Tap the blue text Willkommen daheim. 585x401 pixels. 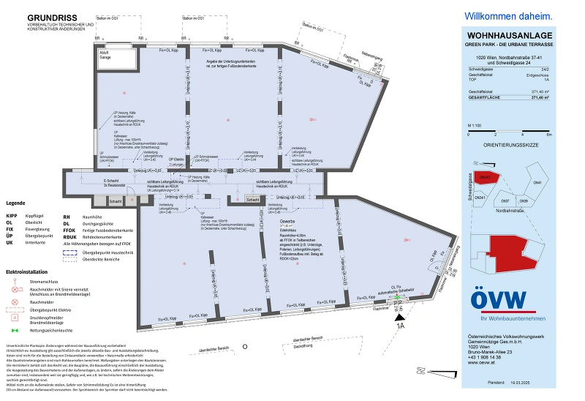pyautogui.click(x=509, y=15)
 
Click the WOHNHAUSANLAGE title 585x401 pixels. pyautogui.click(x=509, y=36)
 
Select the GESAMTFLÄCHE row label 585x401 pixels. pyautogui.click(x=485, y=97)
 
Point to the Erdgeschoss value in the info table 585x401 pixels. pyautogui.click(x=537, y=75)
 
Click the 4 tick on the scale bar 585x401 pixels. pyautogui.click(x=522, y=135)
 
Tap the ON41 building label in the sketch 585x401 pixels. pyautogui.click(x=537, y=182)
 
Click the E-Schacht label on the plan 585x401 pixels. pyautogui.click(x=110, y=180)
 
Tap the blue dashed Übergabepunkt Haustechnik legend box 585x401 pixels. pyautogui.click(x=69, y=252)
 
